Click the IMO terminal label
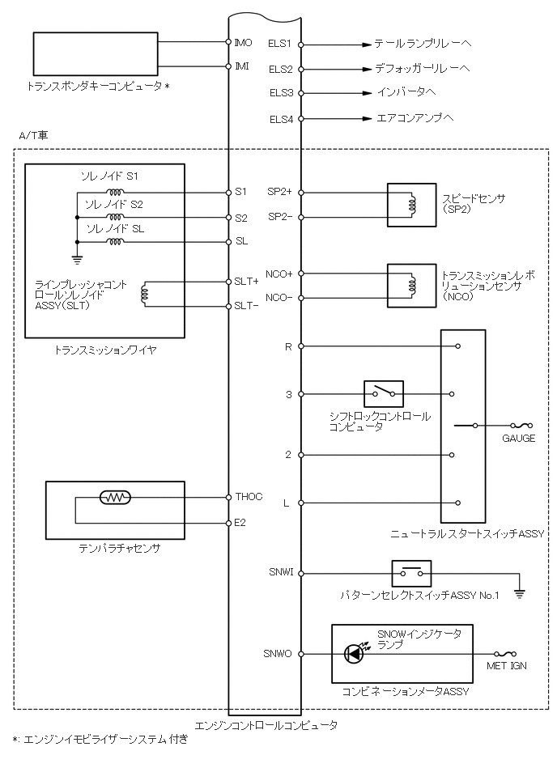[242, 42]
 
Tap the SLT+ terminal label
[246, 282]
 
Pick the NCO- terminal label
[278, 299]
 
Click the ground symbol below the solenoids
[76, 259]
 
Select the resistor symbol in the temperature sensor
[114, 498]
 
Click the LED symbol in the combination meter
[355, 653]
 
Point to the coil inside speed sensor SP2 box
[413, 204]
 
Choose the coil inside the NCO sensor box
[413, 285]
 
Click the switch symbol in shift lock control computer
[384, 394]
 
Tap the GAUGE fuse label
[518, 438]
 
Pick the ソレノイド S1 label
[110, 176]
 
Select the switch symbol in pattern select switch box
[411, 573]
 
